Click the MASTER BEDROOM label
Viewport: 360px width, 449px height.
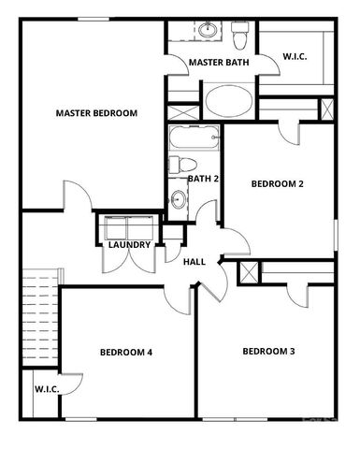pos(96,113)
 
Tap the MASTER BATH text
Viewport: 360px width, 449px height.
pos(217,63)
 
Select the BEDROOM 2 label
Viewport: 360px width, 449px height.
pos(278,184)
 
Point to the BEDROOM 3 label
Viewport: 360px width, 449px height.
pos(268,352)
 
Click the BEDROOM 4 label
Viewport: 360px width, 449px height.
pos(126,353)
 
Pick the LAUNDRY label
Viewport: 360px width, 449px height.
pos(129,246)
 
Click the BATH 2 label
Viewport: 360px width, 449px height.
pos(203,178)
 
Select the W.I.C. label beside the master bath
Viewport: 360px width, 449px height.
pos(295,57)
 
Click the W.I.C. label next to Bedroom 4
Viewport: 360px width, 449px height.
pos(48,388)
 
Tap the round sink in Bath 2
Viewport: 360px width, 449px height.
pos(178,199)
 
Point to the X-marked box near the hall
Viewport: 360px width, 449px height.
pos(249,272)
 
